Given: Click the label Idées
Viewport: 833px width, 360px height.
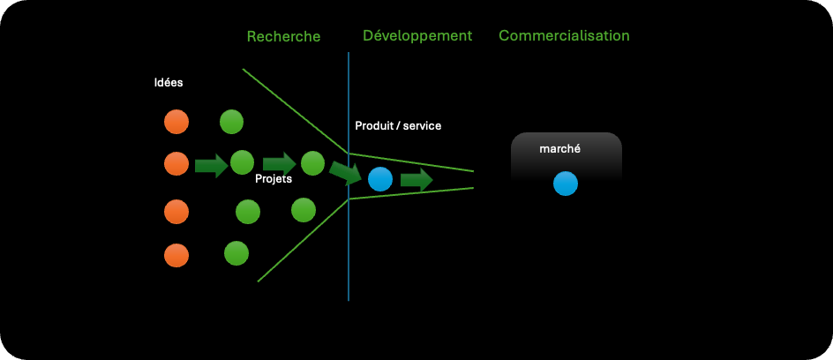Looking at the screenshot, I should pos(168,83).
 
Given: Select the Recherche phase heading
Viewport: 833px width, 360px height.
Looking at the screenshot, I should pos(283,36).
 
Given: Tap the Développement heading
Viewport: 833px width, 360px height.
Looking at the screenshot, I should pos(417,36).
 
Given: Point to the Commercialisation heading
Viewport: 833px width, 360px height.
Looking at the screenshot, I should pos(564,36).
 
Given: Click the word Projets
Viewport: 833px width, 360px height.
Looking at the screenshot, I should pos(274,178).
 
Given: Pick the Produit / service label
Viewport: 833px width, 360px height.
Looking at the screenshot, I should pos(398,126).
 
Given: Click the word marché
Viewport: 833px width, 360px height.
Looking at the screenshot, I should pos(559,149).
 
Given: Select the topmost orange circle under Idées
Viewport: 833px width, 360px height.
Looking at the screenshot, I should pos(176,122).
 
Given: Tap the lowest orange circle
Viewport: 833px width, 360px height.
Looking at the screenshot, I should pos(176,255).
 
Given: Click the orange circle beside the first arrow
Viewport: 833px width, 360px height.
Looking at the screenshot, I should pos(176,163).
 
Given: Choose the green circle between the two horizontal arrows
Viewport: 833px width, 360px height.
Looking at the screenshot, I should pos(242,162).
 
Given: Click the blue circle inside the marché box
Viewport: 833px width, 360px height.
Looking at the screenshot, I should pos(566,184).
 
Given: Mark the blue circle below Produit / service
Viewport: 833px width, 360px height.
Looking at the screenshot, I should pos(380,179).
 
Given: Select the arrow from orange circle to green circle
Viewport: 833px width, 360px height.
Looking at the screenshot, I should pos(211,165).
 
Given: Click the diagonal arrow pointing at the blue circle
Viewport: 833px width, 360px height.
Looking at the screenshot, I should pos(345,172).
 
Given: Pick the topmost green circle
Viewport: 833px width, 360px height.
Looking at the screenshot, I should pos(231,122).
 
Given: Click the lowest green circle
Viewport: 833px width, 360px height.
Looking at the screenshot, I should pos(236,253).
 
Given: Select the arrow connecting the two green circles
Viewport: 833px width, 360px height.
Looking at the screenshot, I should pos(279,163).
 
